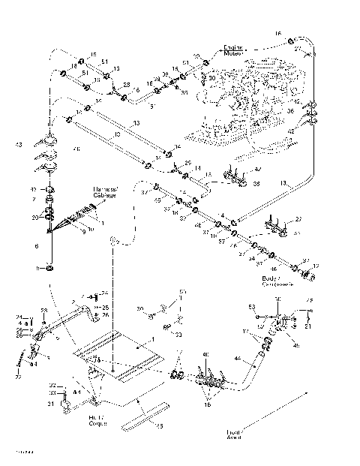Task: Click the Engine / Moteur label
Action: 235,51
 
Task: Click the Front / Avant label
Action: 234,434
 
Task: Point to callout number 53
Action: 253,308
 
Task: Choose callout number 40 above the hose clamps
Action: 206,356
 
